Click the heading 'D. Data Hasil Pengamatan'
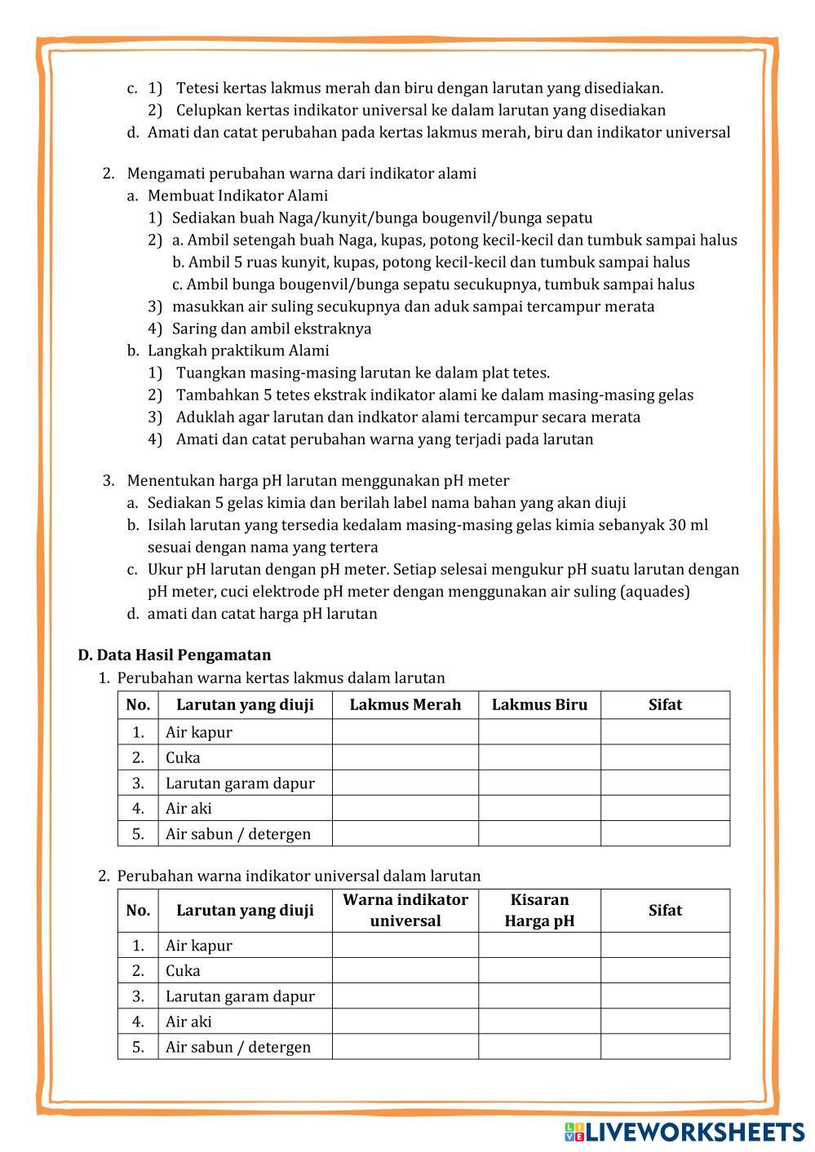coord(175,655)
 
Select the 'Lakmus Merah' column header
coord(405,705)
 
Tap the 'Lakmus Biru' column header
coord(539,705)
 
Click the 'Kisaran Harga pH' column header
coord(539,911)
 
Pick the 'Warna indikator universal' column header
coord(405,911)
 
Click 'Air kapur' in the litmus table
coord(199,732)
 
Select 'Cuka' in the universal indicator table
coord(183,971)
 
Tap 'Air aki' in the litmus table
coord(188,809)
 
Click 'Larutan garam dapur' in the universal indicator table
coord(240,996)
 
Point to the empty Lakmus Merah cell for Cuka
coord(405,757)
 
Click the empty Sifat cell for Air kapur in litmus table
coord(665,732)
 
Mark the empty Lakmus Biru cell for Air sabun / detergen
coord(539,834)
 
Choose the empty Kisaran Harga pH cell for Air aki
coord(539,1022)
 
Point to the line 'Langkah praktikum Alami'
coord(238,351)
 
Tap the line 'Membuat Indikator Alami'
coord(237,196)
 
